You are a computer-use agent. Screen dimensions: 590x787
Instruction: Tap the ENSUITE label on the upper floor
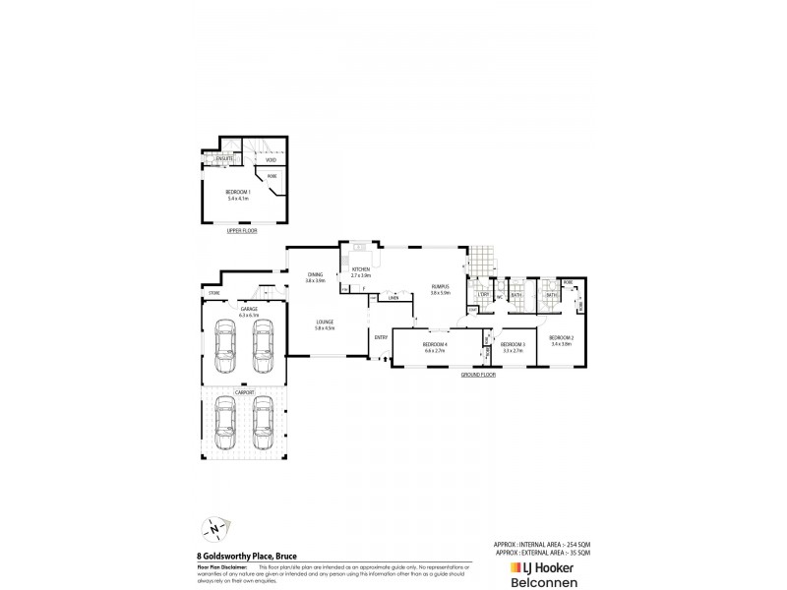tap(225, 158)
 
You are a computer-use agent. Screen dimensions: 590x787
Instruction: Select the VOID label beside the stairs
tap(257, 159)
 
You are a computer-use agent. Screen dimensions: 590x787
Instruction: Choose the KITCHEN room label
tap(360, 270)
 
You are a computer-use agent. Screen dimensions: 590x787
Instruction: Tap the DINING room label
tap(315, 275)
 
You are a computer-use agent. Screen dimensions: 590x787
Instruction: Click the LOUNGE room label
tap(325, 323)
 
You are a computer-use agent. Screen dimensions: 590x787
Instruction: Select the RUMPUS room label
tap(440, 288)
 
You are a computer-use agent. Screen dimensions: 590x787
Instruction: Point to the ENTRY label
tap(381, 337)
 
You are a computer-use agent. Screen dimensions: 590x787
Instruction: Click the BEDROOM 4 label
tap(434, 344)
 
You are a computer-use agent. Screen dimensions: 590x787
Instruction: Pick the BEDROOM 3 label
tap(514, 344)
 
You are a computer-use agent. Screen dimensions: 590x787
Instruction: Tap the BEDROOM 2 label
tap(562, 339)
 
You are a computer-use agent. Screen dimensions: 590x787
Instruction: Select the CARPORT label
tap(244, 391)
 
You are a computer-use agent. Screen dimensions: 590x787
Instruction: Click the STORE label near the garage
tap(212, 294)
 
